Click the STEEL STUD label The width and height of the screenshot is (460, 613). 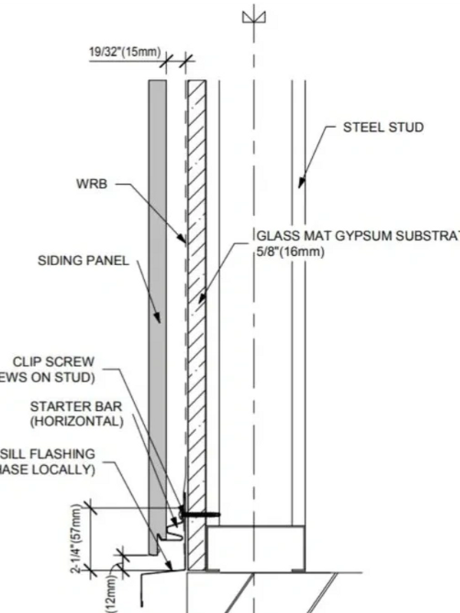383,127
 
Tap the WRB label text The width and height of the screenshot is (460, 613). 92,185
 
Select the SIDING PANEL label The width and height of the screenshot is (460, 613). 84,261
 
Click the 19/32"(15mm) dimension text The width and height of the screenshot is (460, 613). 124,53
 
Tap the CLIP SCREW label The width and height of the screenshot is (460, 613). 54,362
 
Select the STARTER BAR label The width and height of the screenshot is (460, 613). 75,406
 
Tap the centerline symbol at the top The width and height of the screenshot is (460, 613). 250,16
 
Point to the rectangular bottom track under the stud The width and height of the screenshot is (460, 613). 257,546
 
